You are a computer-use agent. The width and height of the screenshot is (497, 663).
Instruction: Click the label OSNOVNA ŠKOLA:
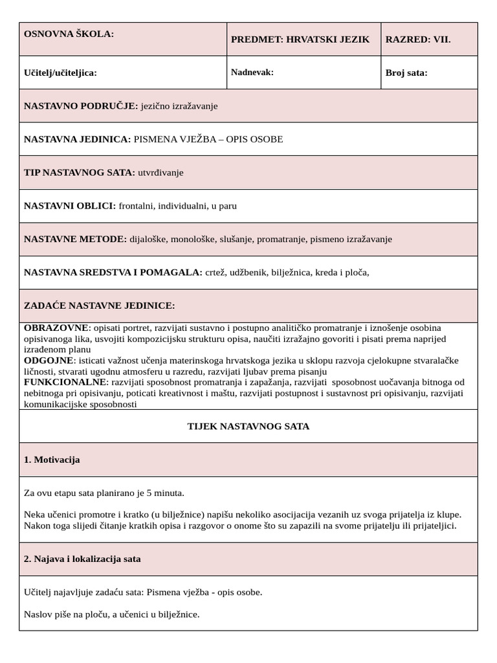69,34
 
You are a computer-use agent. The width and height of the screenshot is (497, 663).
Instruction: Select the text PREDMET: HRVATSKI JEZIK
300,39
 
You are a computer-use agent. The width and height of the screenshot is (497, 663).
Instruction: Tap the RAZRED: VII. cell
418,39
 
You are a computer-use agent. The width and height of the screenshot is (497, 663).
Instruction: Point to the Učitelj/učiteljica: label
60,73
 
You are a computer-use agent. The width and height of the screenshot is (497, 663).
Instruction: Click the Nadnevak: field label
252,72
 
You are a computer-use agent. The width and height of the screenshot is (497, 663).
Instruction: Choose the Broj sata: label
406,73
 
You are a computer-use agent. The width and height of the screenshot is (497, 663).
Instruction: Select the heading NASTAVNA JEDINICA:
77,139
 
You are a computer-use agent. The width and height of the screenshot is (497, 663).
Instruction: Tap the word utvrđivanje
160,172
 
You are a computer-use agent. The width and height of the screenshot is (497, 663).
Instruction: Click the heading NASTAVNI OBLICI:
70,206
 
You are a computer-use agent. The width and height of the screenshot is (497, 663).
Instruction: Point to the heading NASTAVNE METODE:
75,239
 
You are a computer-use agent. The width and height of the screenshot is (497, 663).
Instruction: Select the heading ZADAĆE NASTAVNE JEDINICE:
99,306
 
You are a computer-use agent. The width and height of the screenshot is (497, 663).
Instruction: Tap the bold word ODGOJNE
49,360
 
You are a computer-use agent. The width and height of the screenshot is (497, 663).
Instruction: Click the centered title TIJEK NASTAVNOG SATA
248,426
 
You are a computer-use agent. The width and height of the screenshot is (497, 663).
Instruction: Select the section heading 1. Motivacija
52,460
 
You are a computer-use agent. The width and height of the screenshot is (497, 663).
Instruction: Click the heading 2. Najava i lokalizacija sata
82,559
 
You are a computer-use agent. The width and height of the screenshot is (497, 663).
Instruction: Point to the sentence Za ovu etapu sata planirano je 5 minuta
104,493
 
